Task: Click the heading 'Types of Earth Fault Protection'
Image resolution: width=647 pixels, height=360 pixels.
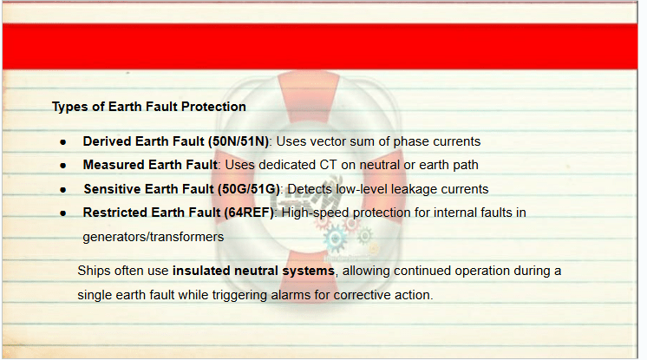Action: pyautogui.click(x=149, y=107)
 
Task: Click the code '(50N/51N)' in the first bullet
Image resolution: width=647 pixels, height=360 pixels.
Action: pyautogui.click(x=239, y=141)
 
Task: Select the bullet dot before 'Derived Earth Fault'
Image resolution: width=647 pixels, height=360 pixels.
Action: pyautogui.click(x=62, y=142)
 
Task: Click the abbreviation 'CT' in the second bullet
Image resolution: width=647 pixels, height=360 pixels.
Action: pyautogui.click(x=329, y=165)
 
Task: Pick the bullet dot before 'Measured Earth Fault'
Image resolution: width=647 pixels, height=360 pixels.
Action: pyautogui.click(x=62, y=166)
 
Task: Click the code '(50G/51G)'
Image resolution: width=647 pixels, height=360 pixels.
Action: pyautogui.click(x=249, y=189)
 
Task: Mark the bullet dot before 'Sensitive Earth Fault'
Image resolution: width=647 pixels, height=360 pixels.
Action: pyautogui.click(x=62, y=190)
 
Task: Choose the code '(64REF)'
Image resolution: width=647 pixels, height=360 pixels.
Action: pyautogui.click(x=249, y=213)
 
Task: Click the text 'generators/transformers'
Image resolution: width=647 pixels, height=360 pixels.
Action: pyautogui.click(x=154, y=237)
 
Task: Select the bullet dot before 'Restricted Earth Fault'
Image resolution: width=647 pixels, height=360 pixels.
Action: pyautogui.click(x=62, y=213)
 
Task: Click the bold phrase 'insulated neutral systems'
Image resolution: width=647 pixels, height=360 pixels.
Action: pyautogui.click(x=253, y=271)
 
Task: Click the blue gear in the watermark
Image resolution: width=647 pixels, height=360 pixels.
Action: pyautogui.click(x=335, y=239)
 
